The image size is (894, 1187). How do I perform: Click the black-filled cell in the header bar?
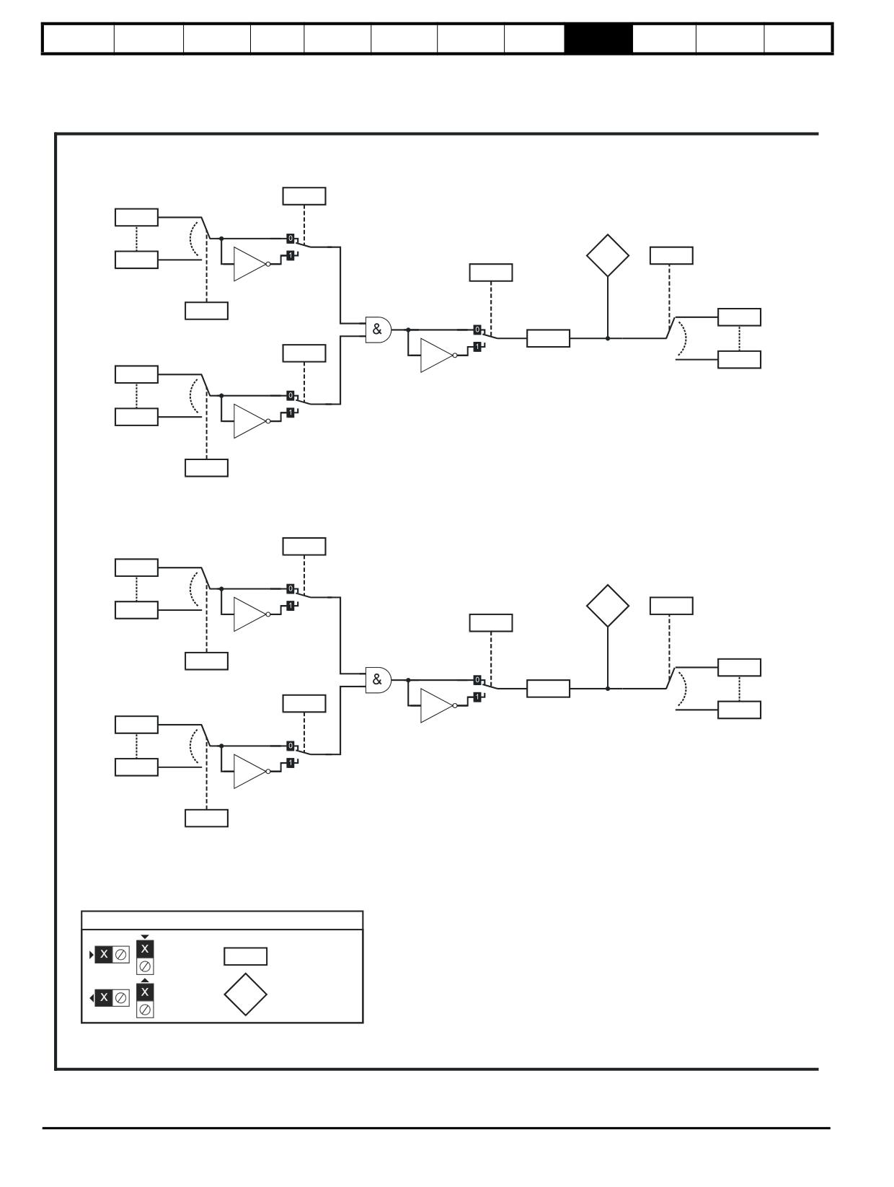[x=598, y=38]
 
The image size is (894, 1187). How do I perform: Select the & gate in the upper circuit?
[x=378, y=330]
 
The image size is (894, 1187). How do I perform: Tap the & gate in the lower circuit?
[x=378, y=680]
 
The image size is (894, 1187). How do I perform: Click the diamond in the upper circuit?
[x=608, y=255]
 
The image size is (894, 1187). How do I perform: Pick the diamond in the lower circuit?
[x=608, y=606]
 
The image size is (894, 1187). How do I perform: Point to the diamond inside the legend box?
[x=245, y=994]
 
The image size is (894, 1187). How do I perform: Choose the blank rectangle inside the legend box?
[x=245, y=956]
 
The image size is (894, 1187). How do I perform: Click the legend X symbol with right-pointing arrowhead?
[x=109, y=955]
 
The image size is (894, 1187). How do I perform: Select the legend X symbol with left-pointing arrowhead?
[x=109, y=998]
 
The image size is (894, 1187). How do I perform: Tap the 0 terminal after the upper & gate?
[x=477, y=330]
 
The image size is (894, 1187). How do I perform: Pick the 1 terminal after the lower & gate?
[x=477, y=697]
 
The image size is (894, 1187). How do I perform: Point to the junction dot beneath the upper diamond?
[x=608, y=338]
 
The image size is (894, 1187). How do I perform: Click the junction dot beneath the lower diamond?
[x=608, y=689]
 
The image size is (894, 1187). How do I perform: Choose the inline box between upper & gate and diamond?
[x=548, y=338]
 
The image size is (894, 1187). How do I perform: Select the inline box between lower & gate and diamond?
[x=548, y=689]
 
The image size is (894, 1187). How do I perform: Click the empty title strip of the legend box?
[x=222, y=920]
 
